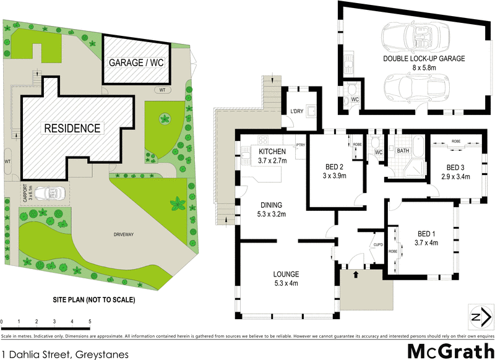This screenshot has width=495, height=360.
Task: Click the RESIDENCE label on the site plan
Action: (71, 129)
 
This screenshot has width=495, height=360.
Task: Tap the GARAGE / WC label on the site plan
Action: (136, 63)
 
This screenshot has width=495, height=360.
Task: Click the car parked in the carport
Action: (48, 194)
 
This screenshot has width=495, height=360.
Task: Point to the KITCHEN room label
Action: (272, 152)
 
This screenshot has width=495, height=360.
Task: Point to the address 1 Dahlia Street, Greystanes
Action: (65, 354)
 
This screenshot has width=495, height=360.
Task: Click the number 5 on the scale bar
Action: (90, 322)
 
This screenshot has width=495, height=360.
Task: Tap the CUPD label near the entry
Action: (377, 244)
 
